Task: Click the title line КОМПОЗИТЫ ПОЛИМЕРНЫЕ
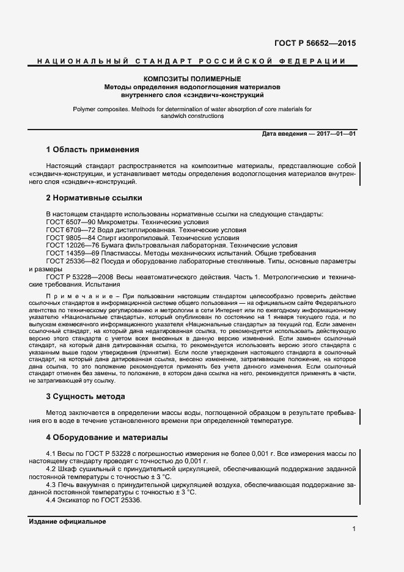pyautogui.click(x=192, y=79)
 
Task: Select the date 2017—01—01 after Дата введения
pyautogui.click(x=336, y=133)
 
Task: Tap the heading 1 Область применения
pyautogui.click(x=92, y=150)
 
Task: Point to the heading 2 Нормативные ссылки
pyautogui.click(x=94, y=198)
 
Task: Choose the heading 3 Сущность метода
pyautogui.click(x=86, y=397)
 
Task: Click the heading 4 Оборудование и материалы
pyautogui.click(x=107, y=438)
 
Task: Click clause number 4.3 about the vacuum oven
pyautogui.click(x=52, y=485)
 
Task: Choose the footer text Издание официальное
pyautogui.click(x=67, y=522)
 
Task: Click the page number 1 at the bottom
pyautogui.click(x=354, y=529)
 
